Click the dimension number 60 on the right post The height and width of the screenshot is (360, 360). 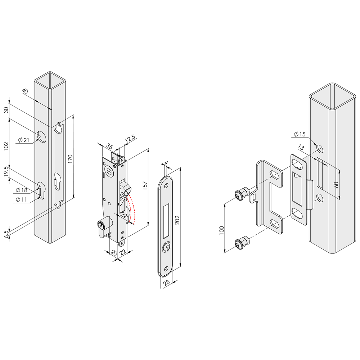click(x=336, y=184)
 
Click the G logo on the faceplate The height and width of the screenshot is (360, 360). click(x=166, y=247)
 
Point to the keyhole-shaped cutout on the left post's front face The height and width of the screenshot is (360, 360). click(x=41, y=190)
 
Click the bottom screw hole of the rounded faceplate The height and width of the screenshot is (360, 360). click(x=166, y=267)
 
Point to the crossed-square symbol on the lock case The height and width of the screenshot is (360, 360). click(x=108, y=169)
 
